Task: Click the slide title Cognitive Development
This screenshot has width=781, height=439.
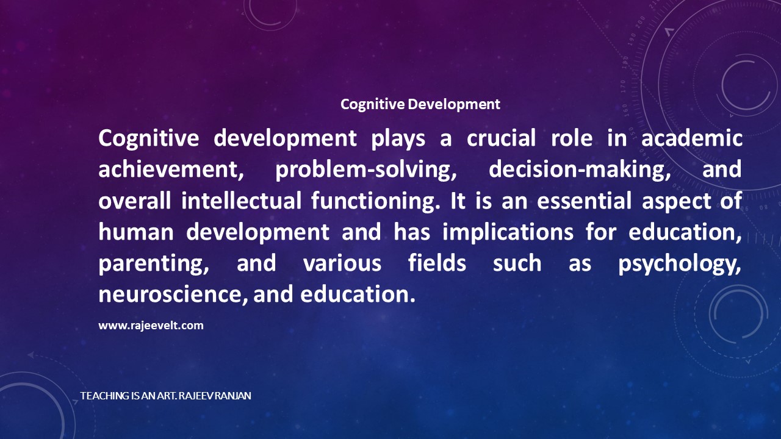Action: [420, 104]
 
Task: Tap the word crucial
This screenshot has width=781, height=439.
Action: [501, 138]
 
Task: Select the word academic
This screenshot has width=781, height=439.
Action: [692, 138]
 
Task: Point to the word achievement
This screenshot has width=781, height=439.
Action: [171, 170]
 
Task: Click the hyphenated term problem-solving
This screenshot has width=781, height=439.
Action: [365, 170]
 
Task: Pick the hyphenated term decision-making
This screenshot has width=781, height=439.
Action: [580, 170]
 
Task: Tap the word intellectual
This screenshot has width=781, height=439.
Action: [241, 201]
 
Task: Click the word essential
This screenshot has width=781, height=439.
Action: [585, 201]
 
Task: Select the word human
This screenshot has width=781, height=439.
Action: [136, 232]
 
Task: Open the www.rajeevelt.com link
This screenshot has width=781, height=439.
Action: [151, 326]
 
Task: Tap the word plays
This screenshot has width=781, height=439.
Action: [398, 138]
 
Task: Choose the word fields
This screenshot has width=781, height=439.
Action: [437, 263]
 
